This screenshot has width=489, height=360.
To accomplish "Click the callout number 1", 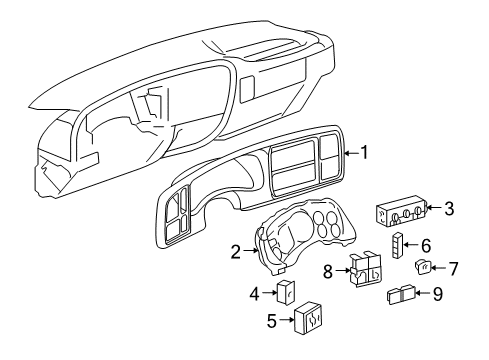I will (x=365, y=153).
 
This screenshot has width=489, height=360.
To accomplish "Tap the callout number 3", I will (x=449, y=208).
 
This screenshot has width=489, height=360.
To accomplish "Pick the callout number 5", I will (x=243, y=321).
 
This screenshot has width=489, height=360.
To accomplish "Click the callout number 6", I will (x=425, y=244).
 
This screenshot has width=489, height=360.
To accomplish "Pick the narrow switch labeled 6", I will (x=400, y=243).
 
